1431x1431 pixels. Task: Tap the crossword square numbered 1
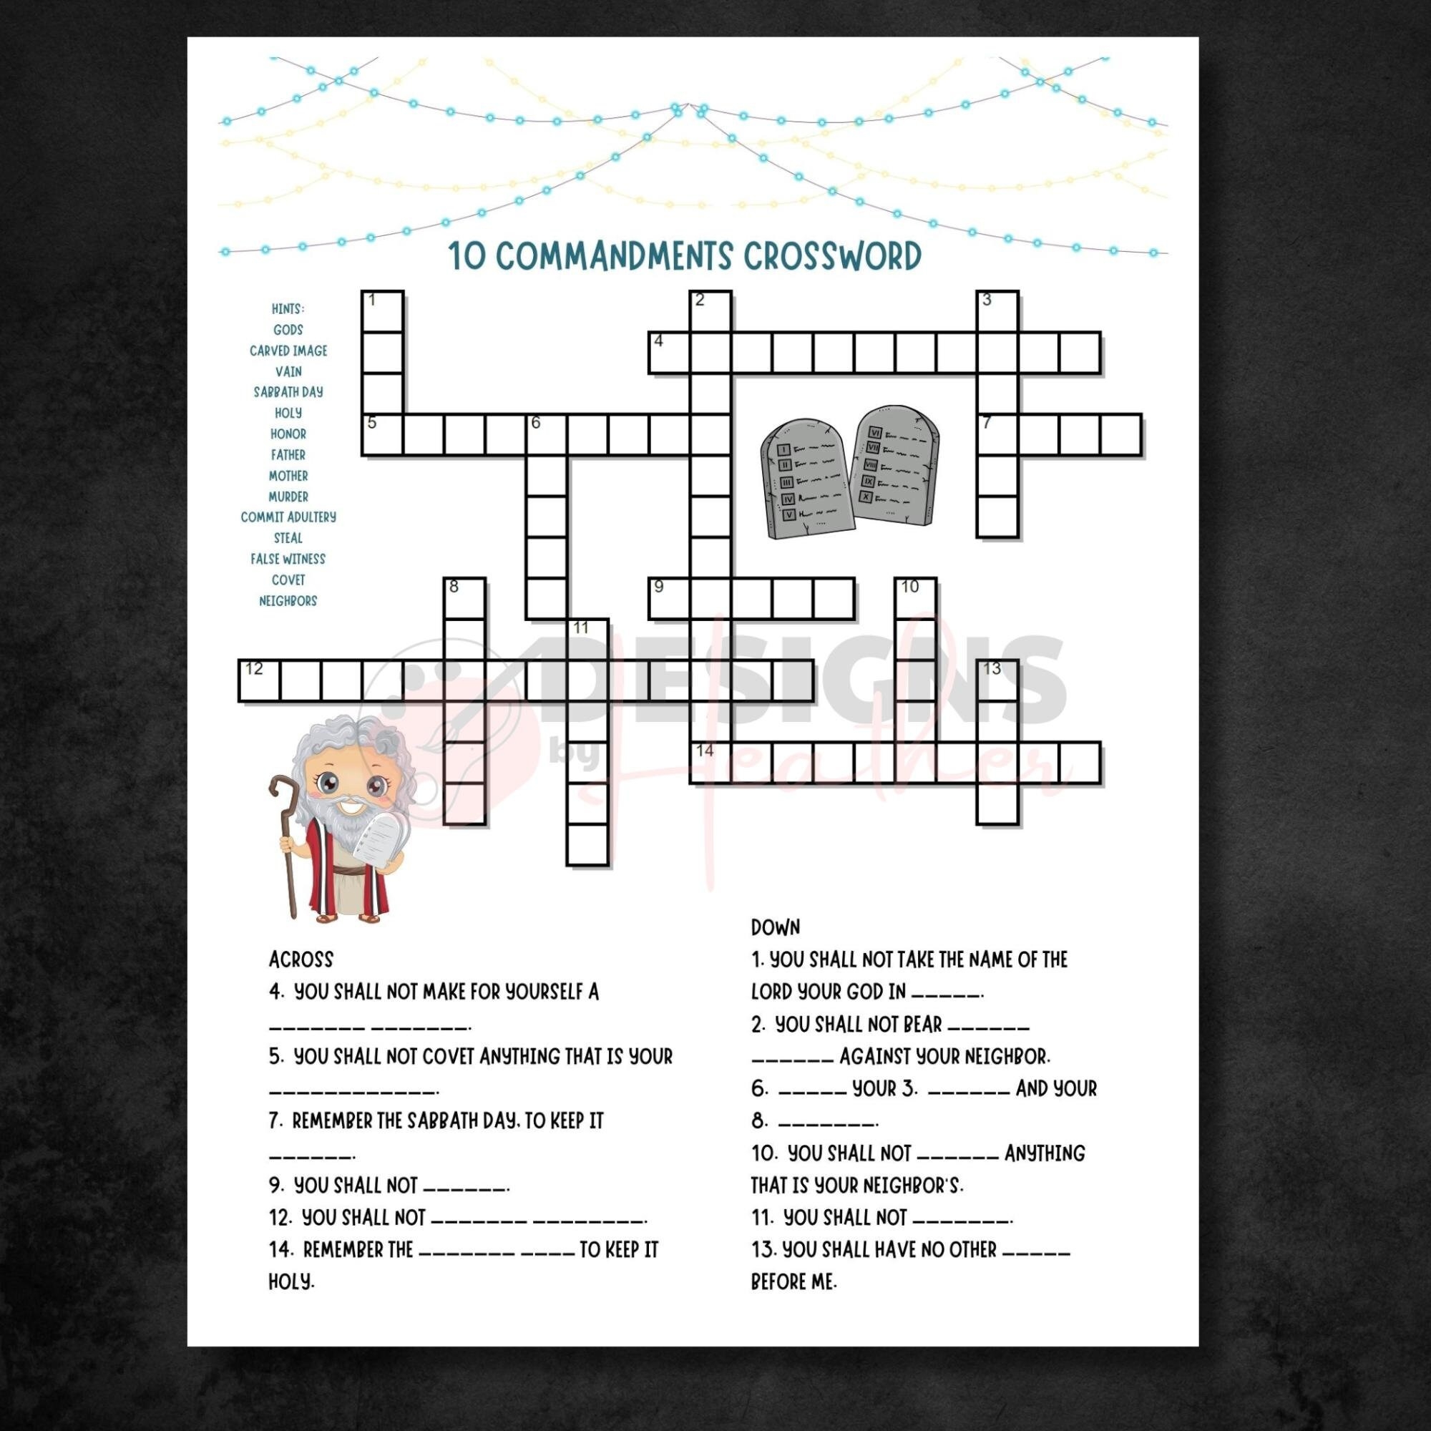point(383,312)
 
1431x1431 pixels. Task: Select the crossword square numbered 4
point(670,353)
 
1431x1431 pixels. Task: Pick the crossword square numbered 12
point(259,680)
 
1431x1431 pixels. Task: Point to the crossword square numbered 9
point(670,598)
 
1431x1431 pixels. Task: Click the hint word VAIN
point(288,371)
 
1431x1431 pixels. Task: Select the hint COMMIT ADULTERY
point(288,517)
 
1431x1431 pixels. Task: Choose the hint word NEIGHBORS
point(288,601)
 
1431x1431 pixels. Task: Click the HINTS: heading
point(288,309)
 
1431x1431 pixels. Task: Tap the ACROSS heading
point(301,960)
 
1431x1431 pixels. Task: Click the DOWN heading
point(776,927)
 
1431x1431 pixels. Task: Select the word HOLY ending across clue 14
point(291,1282)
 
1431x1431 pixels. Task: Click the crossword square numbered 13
point(997,680)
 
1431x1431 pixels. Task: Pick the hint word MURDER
point(288,497)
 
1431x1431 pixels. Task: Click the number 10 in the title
point(467,257)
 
